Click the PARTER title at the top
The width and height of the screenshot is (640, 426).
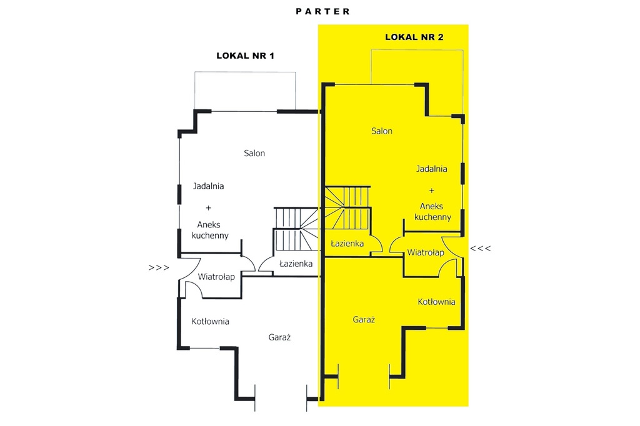pos(322,11)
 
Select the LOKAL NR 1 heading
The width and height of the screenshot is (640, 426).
pos(245,56)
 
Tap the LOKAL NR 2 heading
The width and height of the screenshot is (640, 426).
pos(414,37)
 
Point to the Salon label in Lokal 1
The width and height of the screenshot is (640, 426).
pos(254,153)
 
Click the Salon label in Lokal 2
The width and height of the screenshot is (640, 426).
pos(382,131)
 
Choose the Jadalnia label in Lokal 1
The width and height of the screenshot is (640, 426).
pos(208,186)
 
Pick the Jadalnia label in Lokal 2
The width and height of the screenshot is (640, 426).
pos(431,169)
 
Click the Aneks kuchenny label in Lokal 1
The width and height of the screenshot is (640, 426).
pos(210,230)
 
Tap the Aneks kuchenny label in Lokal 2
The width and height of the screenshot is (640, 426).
pos(432,211)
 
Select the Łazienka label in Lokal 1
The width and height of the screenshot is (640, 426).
pos(296,264)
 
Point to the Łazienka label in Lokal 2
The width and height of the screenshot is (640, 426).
pos(347,244)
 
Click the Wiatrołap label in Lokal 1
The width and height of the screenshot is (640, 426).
pos(216,277)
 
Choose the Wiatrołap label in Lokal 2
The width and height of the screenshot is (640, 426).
pos(425,252)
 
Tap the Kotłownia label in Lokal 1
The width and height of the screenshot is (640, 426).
pos(210,322)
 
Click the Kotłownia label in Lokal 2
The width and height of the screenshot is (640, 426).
pos(436,302)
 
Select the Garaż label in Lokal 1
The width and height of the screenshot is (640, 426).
pos(279,337)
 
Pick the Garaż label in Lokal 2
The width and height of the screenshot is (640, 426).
pos(364,320)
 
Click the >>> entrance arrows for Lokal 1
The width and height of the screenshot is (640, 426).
pos(159,268)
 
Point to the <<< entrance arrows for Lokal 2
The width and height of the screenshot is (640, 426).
pos(481,248)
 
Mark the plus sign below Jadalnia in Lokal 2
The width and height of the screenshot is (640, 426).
pos(431,191)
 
